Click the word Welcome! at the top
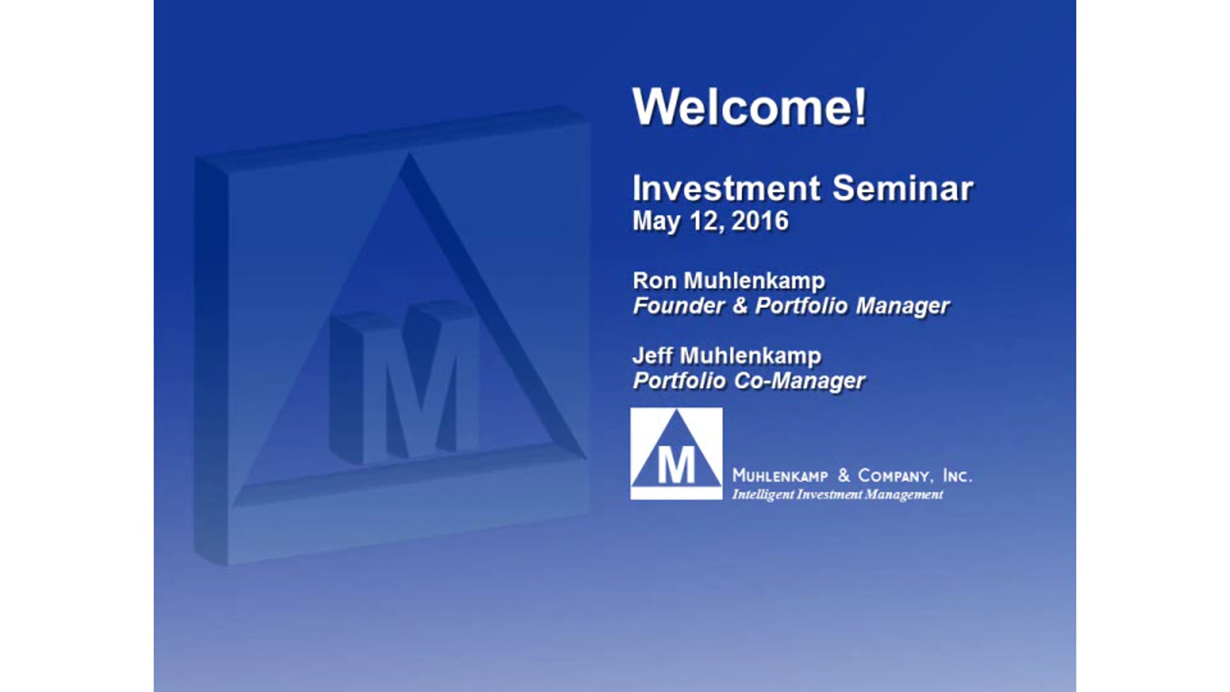[x=749, y=107]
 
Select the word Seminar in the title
[x=903, y=188]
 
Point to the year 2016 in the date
[x=760, y=221]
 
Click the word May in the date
[x=658, y=222]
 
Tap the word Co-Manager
[x=799, y=381]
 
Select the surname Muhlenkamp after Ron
[x=754, y=281]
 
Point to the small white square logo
[x=676, y=454]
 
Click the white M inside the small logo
[x=676, y=465]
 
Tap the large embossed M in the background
[x=405, y=382]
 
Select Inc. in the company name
[x=957, y=476]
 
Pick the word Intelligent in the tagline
[x=763, y=495]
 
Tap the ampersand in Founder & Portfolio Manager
[x=740, y=306]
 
